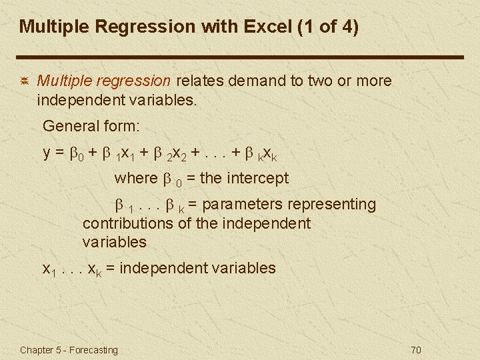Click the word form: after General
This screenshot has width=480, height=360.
click(121, 125)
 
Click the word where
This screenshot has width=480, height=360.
click(136, 178)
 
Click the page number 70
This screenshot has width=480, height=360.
click(417, 350)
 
